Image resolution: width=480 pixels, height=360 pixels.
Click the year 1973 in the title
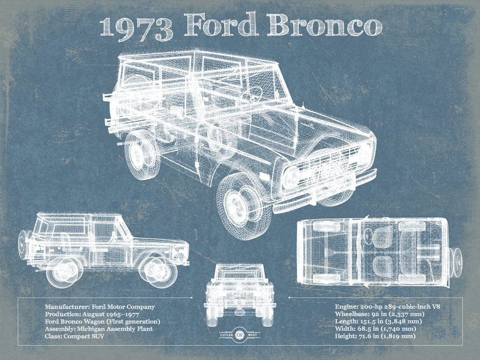point(137,28)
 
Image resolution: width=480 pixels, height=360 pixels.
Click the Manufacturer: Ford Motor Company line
point(100,306)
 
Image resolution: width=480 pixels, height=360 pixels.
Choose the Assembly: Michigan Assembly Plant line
point(99,329)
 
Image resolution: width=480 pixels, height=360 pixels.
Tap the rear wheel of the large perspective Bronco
point(142,155)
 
